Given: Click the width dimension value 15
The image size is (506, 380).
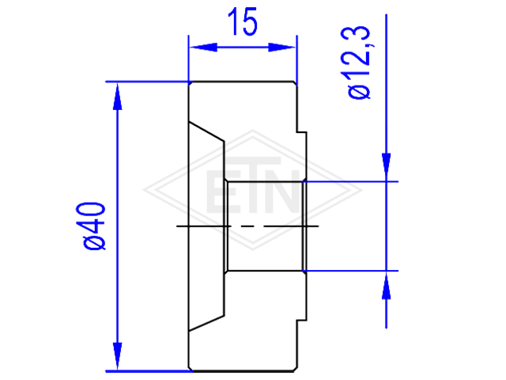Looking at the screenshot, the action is [x=243, y=21].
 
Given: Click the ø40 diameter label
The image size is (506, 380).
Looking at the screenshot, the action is [x=91, y=226].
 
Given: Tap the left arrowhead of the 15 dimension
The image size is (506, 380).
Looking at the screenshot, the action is [x=203, y=47].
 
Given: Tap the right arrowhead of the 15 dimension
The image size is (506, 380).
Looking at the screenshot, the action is [x=281, y=47].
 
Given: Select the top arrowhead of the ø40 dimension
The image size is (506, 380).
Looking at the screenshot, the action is [x=118, y=97].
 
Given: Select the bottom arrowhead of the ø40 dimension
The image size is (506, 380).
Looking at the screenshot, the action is [x=118, y=356].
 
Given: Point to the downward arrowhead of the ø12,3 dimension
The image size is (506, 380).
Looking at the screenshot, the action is [x=387, y=167].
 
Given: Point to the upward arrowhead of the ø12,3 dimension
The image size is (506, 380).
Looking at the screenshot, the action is [x=387, y=285].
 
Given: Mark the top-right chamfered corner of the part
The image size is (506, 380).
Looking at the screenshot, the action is [x=295, y=84].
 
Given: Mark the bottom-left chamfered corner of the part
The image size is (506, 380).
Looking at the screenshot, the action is [x=191, y=369].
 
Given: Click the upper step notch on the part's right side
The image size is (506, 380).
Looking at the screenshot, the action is [x=302, y=132].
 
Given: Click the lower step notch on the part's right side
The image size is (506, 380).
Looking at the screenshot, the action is [x=302, y=320].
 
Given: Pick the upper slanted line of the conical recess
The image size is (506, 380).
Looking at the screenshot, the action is [x=206, y=131].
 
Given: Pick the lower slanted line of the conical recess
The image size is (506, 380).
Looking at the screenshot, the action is [x=206, y=323].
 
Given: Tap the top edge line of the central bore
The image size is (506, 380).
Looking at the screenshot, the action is [x=266, y=181].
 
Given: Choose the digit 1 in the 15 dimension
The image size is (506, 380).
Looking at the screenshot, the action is [x=234, y=21].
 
